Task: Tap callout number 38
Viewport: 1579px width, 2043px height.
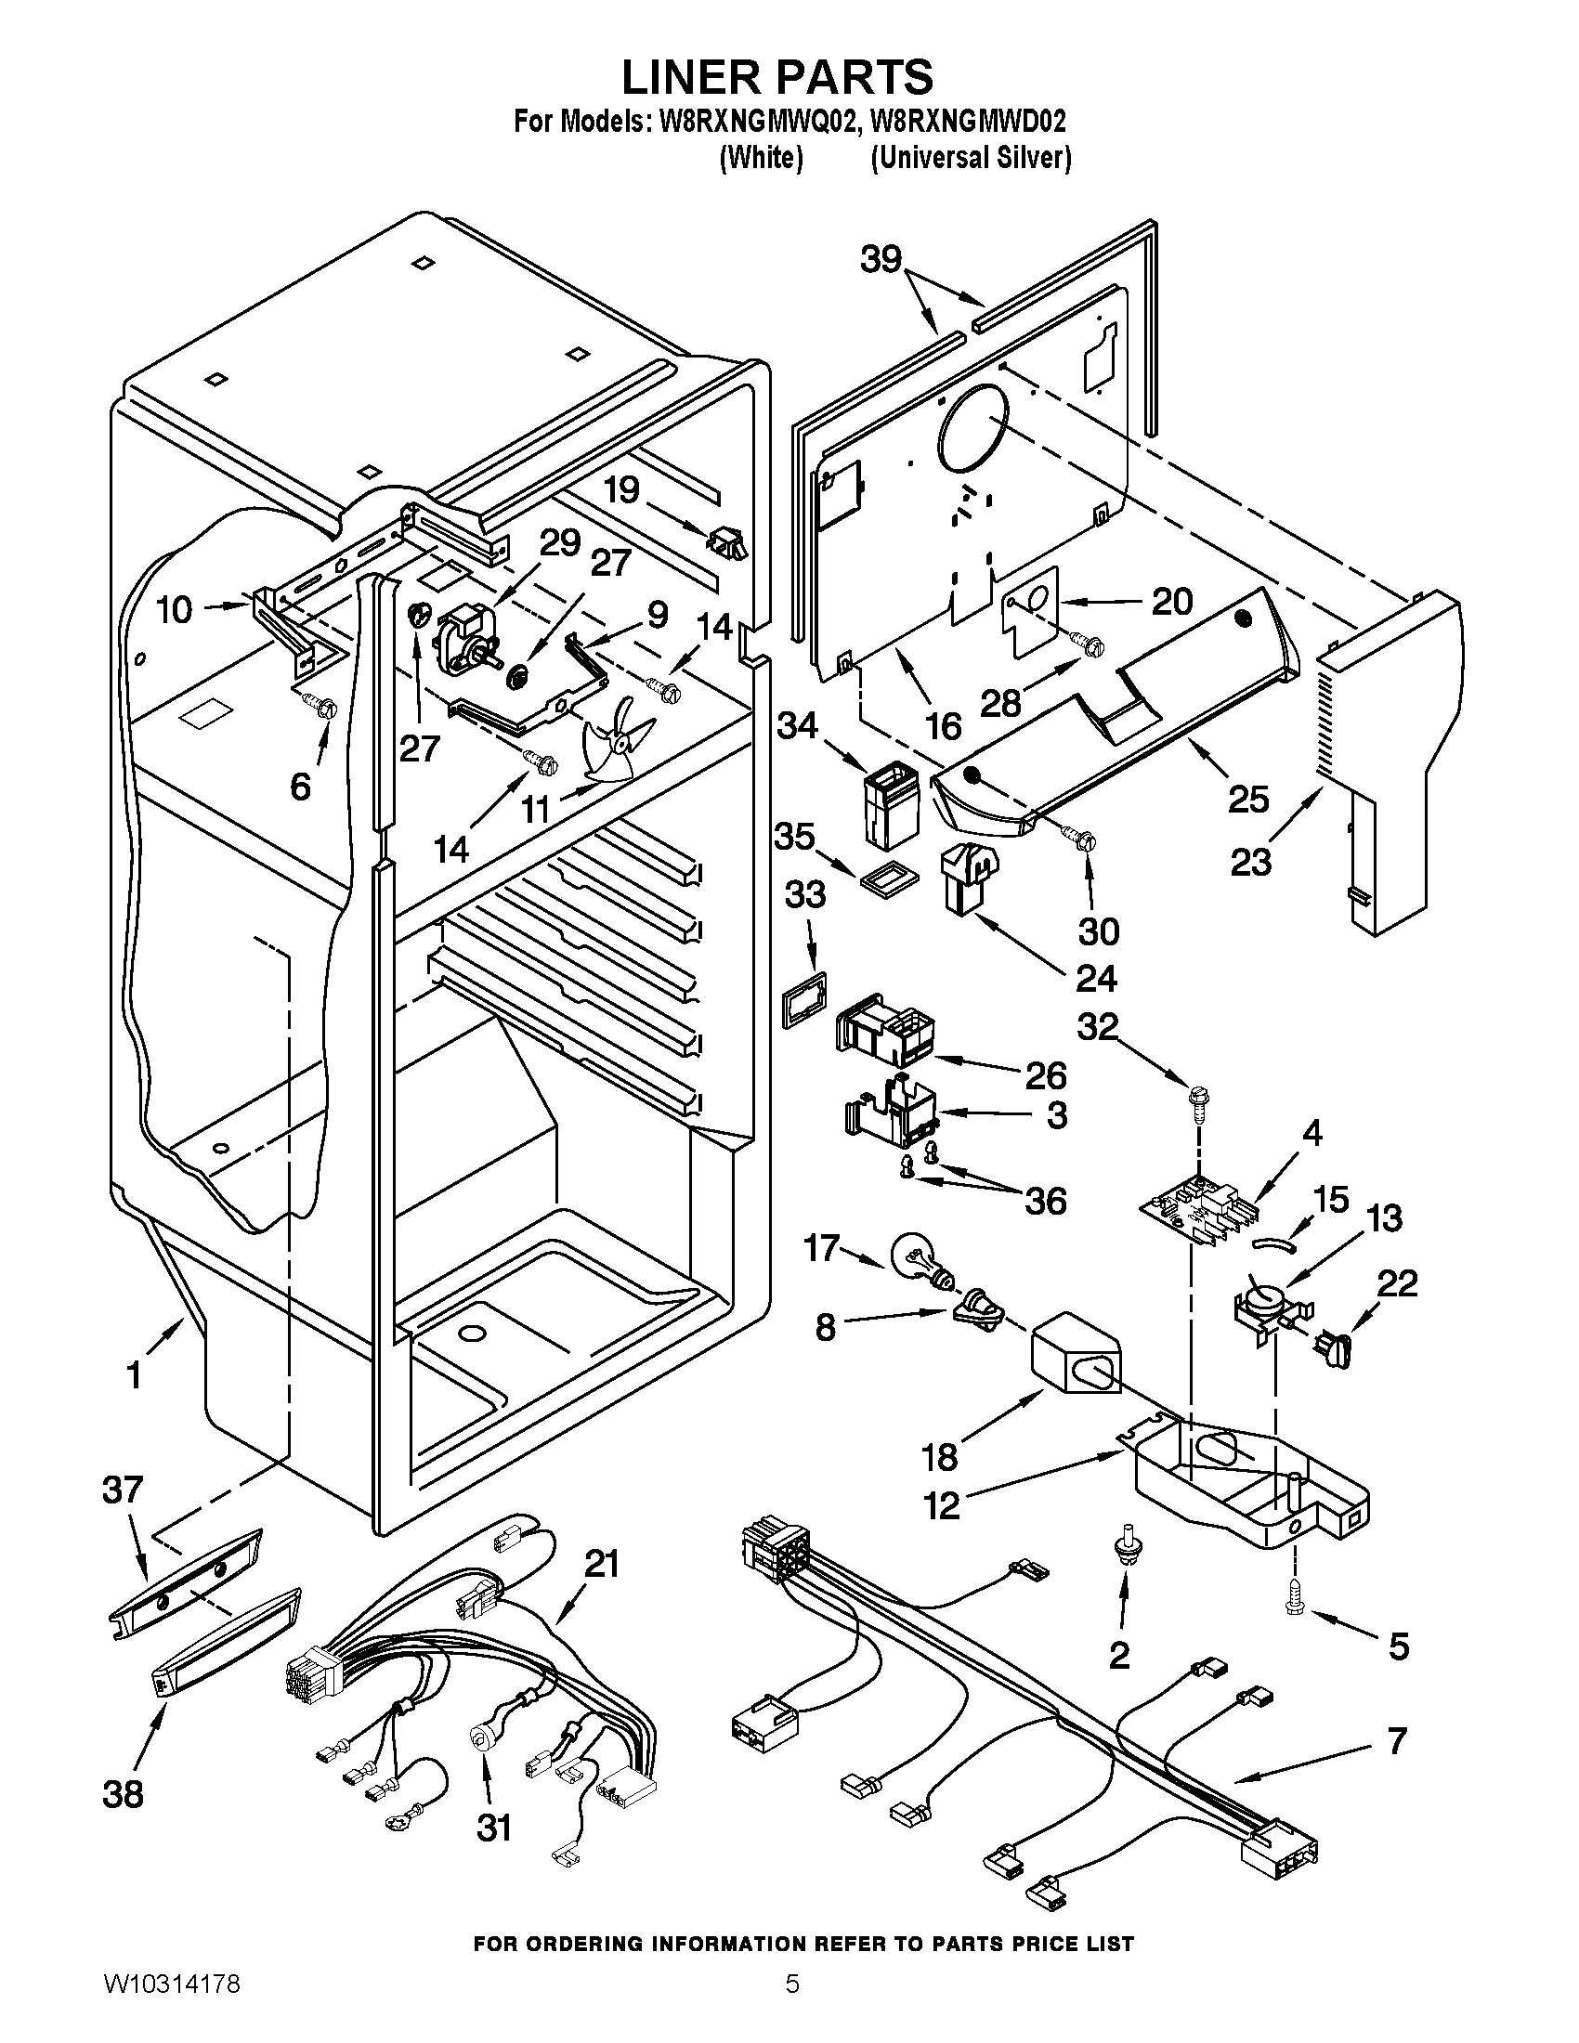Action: click(x=123, y=1794)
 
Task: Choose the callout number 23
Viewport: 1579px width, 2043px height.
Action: click(x=1251, y=862)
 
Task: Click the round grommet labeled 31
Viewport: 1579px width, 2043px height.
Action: click(x=483, y=1737)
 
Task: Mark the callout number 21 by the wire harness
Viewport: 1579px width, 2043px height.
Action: click(x=602, y=1563)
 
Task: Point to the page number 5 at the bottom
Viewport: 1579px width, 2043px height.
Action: click(x=791, y=2004)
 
